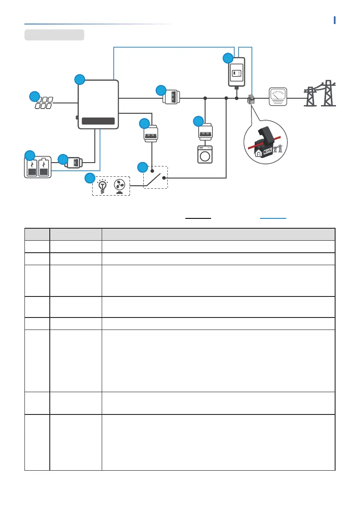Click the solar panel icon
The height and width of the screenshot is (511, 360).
pyautogui.click(x=44, y=103)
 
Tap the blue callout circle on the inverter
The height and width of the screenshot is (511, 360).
pyautogui.click(x=79, y=79)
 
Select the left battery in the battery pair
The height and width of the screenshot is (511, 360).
pyautogui.click(x=32, y=167)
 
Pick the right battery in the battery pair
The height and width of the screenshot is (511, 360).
pyautogui.click(x=44, y=167)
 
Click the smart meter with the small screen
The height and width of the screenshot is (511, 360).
pyautogui.click(x=236, y=72)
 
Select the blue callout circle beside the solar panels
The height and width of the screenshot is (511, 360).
pyautogui.click(x=34, y=96)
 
